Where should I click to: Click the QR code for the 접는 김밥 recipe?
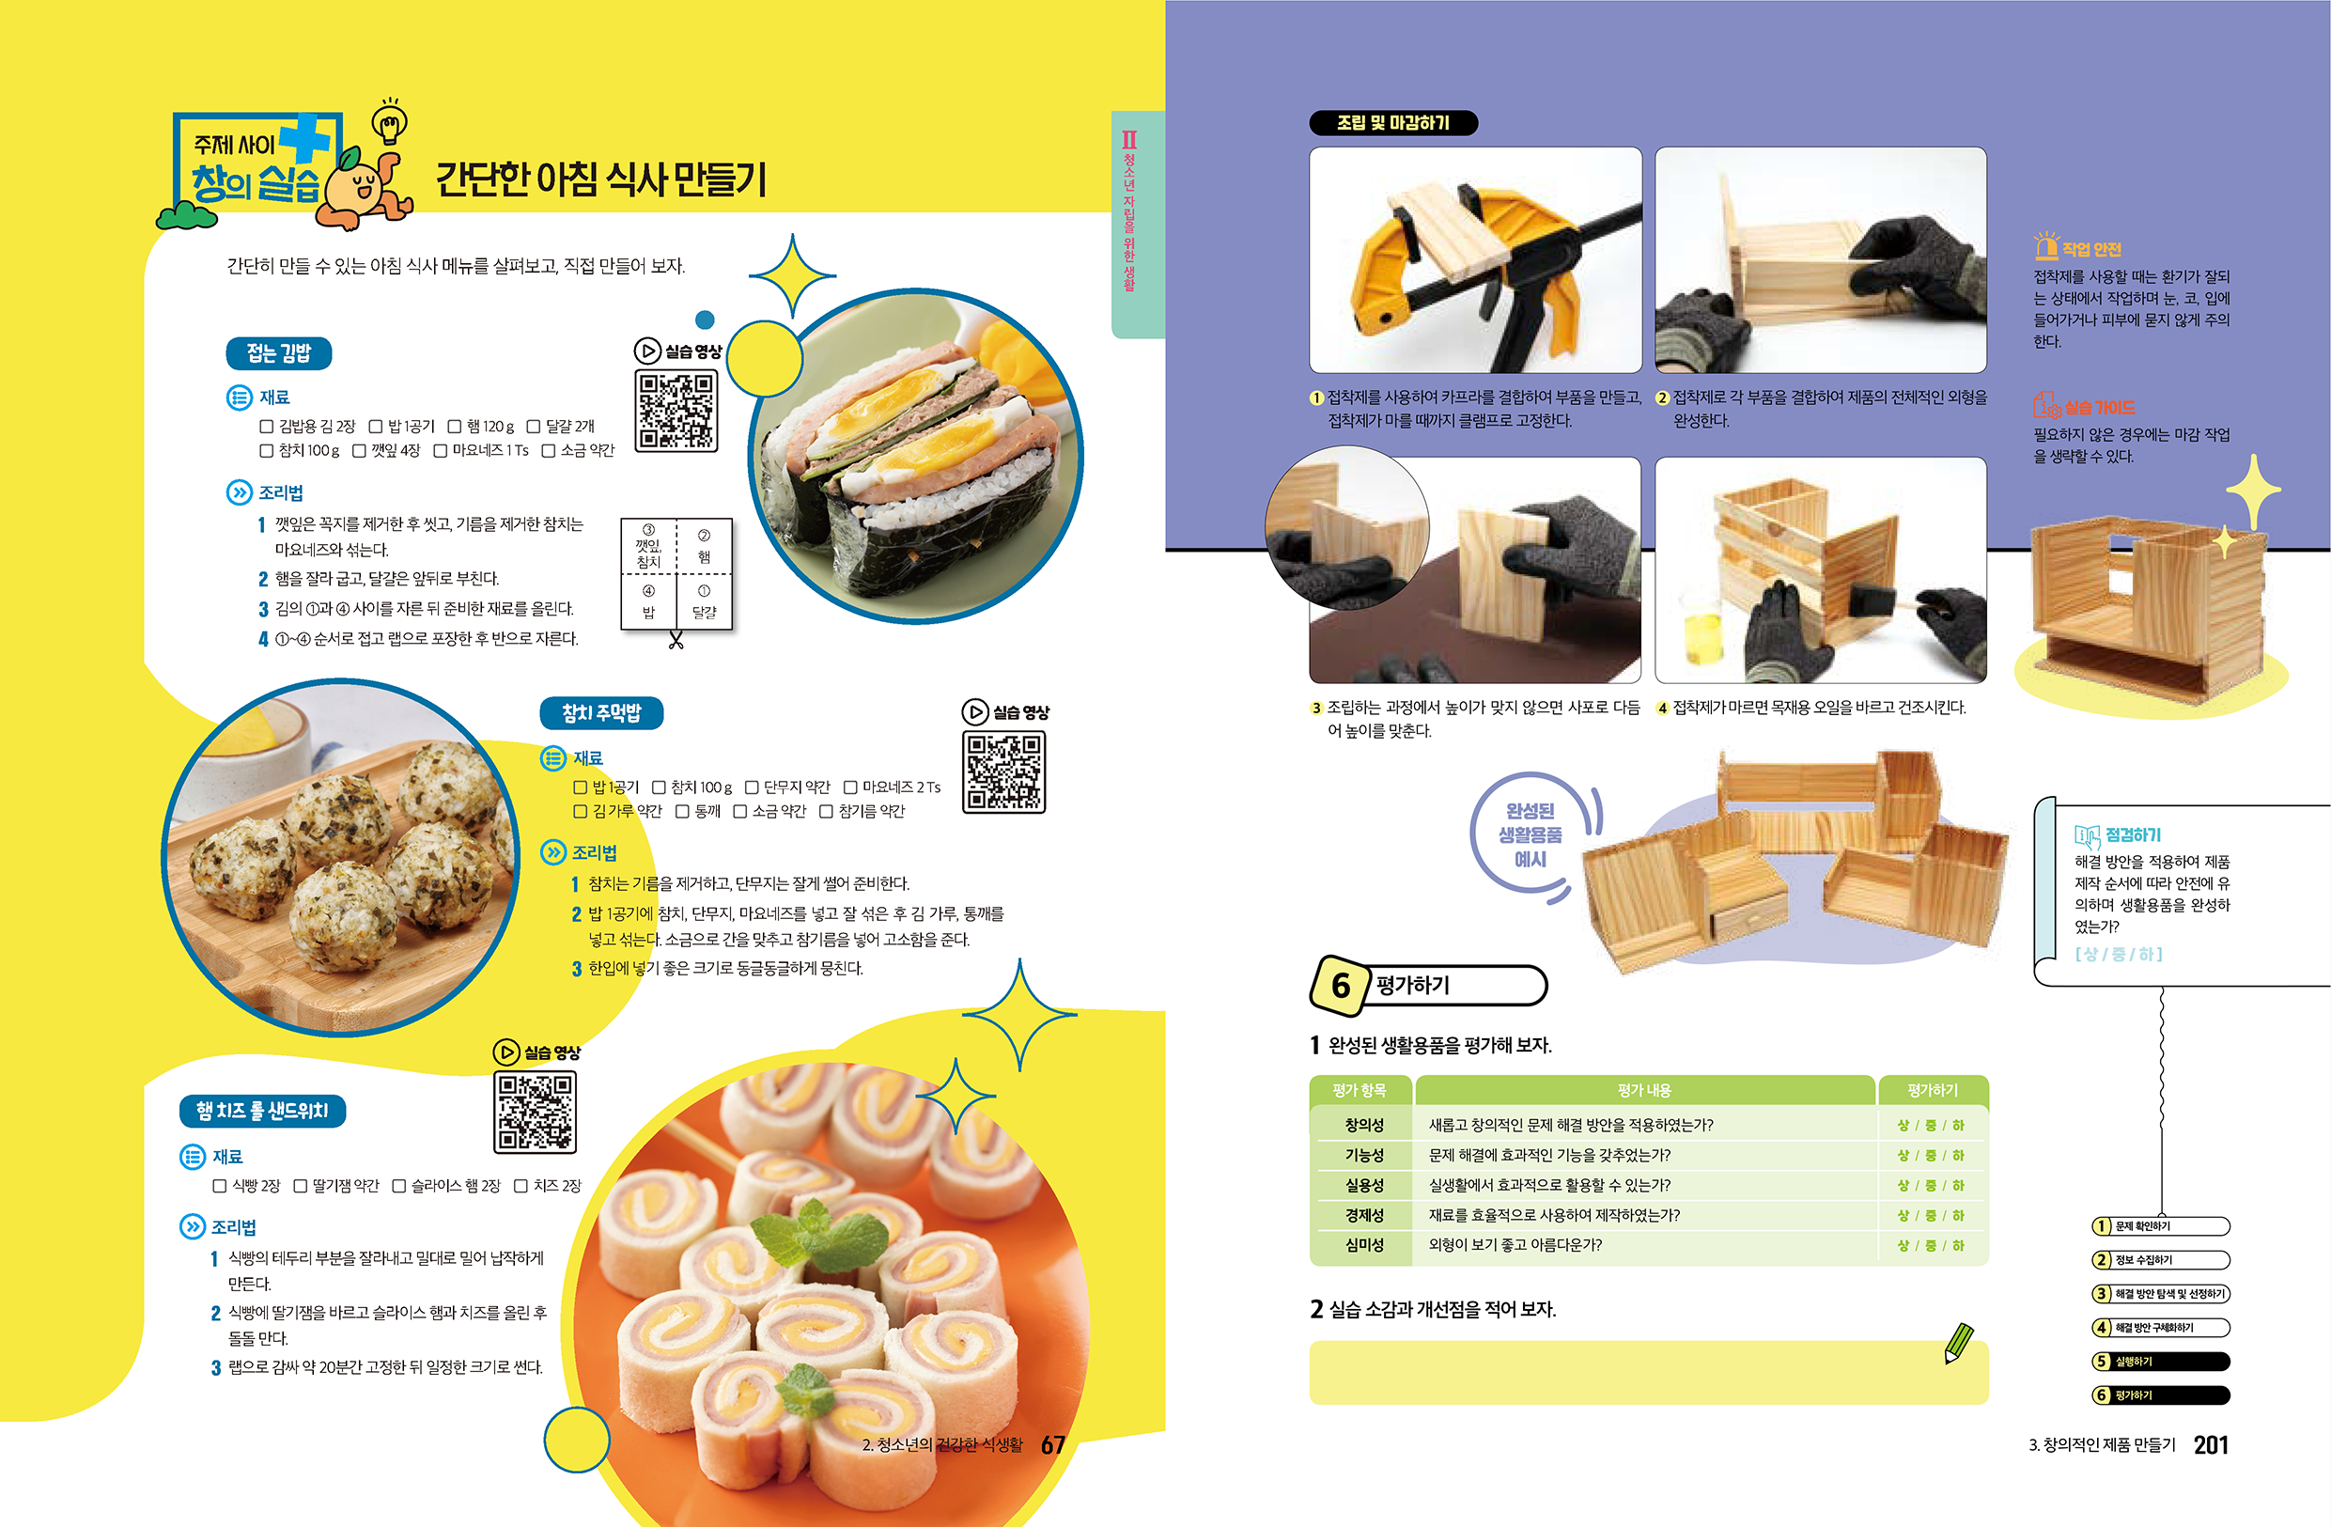(x=676, y=410)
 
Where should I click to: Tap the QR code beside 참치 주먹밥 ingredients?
(x=1003, y=771)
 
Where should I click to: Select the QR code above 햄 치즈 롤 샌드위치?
(x=535, y=1112)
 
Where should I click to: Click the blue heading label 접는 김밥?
(x=279, y=353)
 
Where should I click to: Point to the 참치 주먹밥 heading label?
(x=601, y=713)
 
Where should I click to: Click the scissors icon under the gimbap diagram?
(x=676, y=641)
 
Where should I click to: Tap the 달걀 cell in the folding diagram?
(x=705, y=600)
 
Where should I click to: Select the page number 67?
(x=1053, y=1444)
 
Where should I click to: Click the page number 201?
(x=2211, y=1444)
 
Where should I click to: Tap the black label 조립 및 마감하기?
(x=1392, y=122)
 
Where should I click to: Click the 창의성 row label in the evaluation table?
(x=1363, y=1125)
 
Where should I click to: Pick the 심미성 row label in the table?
(x=1363, y=1245)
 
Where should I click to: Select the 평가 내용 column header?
(x=1644, y=1090)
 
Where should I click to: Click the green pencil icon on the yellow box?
(x=1959, y=1344)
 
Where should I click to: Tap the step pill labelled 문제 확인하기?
(x=2161, y=1226)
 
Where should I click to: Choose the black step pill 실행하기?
(x=2161, y=1362)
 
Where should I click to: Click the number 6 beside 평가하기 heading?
(x=1340, y=986)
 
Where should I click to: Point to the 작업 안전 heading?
(x=2092, y=249)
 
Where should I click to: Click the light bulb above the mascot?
(x=390, y=122)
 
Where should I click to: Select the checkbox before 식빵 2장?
(x=220, y=1186)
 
